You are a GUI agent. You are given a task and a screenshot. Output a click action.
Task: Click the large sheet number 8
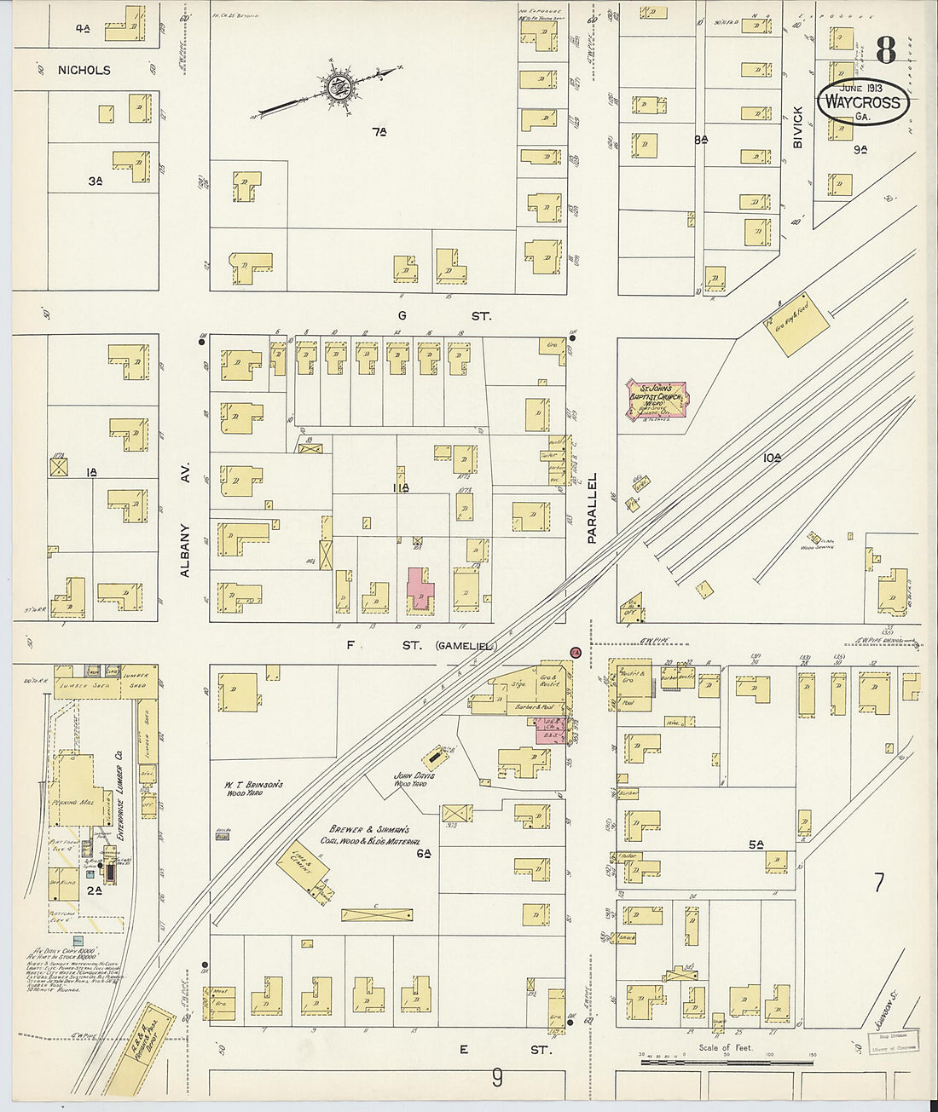point(885,50)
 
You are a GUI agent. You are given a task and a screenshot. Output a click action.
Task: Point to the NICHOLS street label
point(84,70)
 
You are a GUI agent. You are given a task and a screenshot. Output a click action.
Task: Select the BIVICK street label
point(798,127)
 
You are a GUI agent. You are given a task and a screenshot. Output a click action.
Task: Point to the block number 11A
point(401,487)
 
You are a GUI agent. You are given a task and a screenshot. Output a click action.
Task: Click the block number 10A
point(772,458)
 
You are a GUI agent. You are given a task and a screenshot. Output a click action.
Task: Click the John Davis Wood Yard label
point(414,779)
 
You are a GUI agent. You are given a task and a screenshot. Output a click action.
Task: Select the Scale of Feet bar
point(726,1059)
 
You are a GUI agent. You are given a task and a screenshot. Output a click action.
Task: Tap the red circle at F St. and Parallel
point(575,652)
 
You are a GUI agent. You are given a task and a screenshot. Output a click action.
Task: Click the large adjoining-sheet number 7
point(878,883)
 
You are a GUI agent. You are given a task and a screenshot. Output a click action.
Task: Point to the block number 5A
point(756,844)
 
